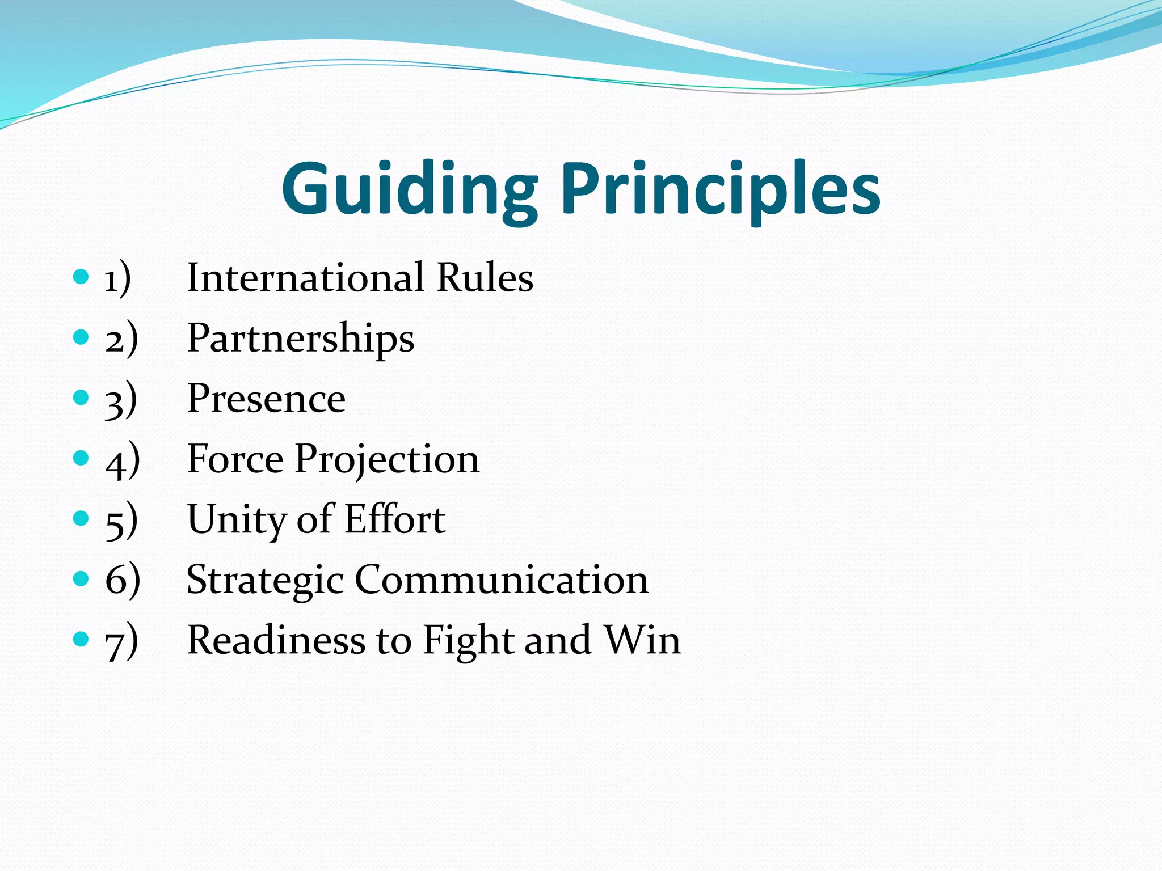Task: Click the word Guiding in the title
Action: pyautogui.click(x=409, y=190)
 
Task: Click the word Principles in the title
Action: pyautogui.click(x=721, y=190)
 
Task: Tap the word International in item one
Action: pyautogui.click(x=306, y=278)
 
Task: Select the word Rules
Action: pyautogui.click(x=485, y=278)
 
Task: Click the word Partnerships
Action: pyautogui.click(x=301, y=339)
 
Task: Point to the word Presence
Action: pyautogui.click(x=266, y=399)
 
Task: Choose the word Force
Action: pyautogui.click(x=235, y=459)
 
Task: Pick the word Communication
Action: pyautogui.click(x=502, y=580)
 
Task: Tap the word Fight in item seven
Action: pyautogui.click(x=469, y=641)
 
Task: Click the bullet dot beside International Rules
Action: pyautogui.click(x=82, y=277)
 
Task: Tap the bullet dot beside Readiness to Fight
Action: pyautogui.click(x=82, y=640)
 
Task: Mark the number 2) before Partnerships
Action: pyautogui.click(x=121, y=339)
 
